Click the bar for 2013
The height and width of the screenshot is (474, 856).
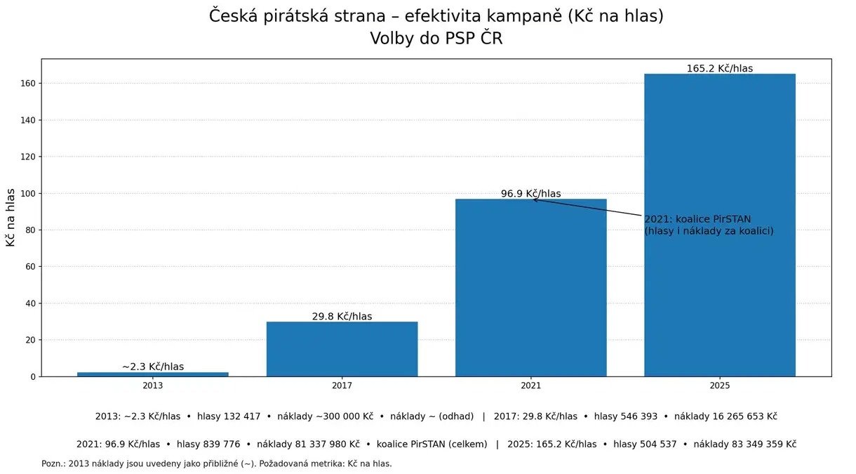coord(153,374)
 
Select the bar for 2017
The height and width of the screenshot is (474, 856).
coord(342,349)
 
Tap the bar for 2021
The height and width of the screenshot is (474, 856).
coord(530,288)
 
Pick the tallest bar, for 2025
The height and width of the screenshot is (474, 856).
coord(719,225)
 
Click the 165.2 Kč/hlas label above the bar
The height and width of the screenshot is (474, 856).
coord(719,68)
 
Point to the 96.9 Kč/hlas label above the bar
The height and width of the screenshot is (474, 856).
coord(530,194)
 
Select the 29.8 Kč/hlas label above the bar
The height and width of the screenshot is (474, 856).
coord(342,317)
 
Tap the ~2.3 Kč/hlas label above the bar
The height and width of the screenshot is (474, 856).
coord(153,367)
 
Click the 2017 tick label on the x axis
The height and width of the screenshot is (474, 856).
coord(342,386)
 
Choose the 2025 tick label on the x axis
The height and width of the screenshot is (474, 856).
coord(719,386)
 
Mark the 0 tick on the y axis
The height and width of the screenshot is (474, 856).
coord(32,376)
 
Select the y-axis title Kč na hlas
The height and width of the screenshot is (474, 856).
coord(11,218)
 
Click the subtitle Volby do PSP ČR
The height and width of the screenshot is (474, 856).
coord(436,39)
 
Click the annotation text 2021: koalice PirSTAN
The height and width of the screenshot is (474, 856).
coord(697,219)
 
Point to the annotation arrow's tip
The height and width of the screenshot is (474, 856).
coord(533,199)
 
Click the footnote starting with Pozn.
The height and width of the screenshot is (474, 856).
coord(216,463)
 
